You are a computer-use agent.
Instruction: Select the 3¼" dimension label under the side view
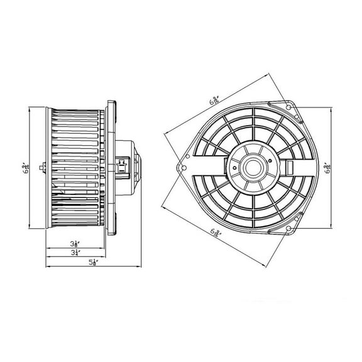tap(75, 253)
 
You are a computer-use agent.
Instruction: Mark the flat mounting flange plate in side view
tap(109, 168)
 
